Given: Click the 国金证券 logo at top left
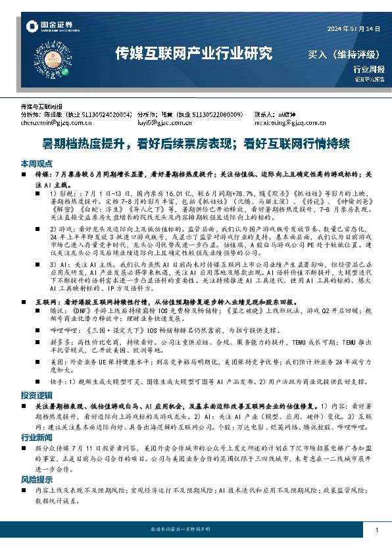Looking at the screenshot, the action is [51, 26].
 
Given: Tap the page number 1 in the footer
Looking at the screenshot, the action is [376, 530].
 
